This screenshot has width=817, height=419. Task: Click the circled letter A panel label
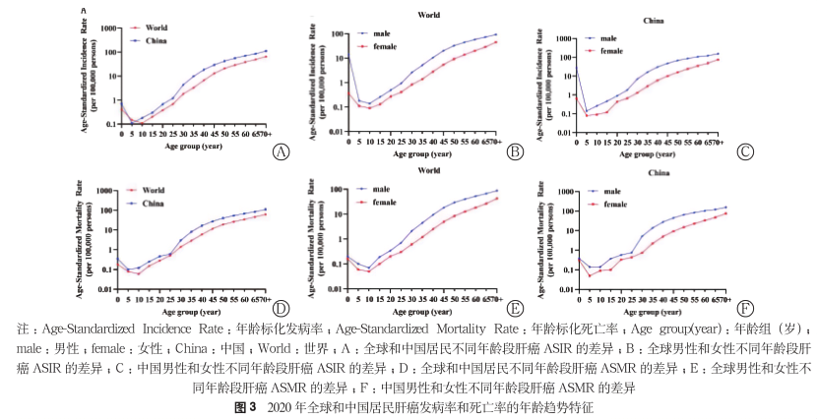coord(283,151)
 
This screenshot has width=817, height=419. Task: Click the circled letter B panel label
coord(514,151)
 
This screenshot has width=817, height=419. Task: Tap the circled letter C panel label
coord(746,151)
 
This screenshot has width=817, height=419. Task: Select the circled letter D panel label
coord(282,307)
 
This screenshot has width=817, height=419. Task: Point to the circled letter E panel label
coord(514,307)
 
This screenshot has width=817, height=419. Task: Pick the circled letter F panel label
coord(745,307)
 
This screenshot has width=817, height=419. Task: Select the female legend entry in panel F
coord(614,204)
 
